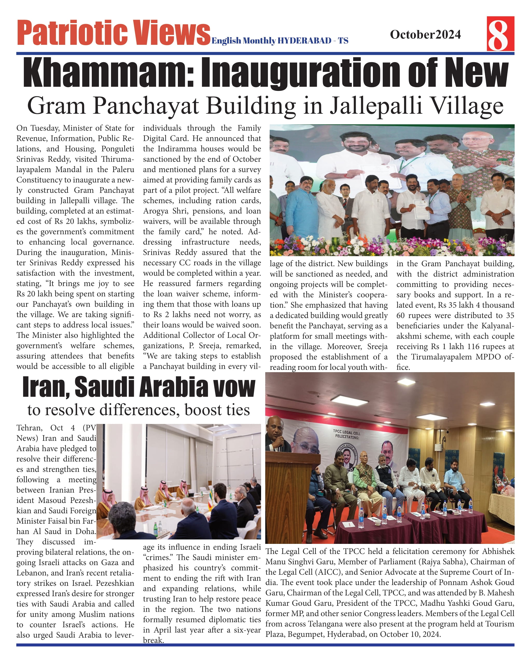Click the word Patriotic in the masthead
[72, 32]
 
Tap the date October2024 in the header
[425, 34]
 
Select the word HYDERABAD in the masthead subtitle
[304, 41]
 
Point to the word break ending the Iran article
[153, 640]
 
